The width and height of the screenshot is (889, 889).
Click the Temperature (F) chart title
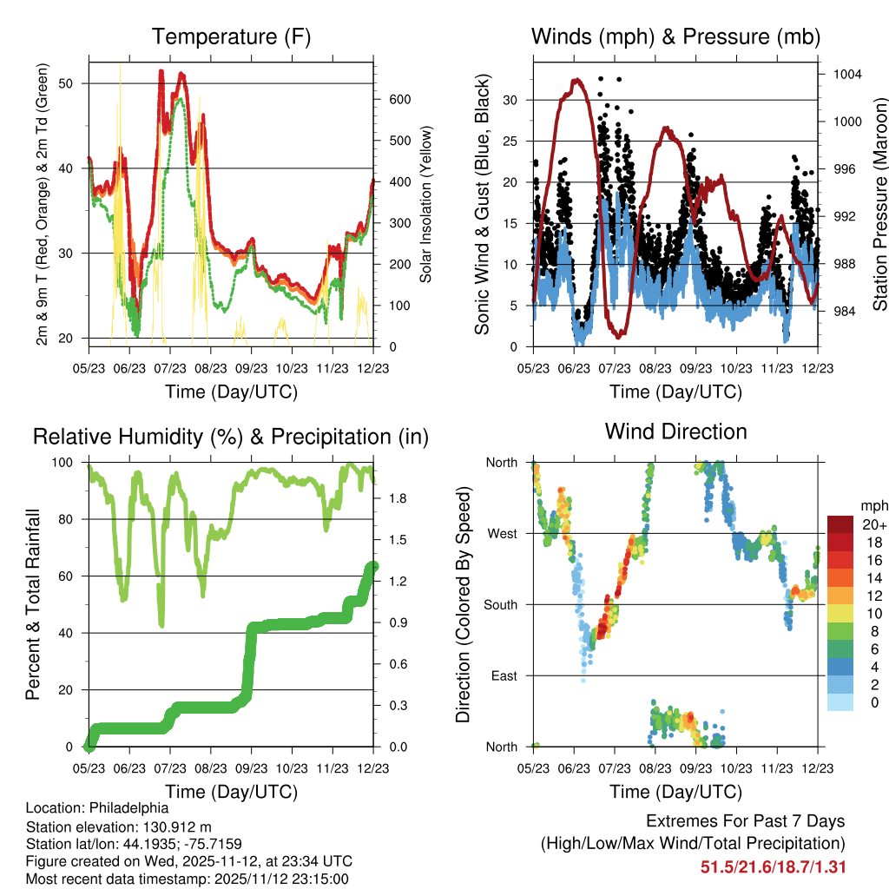tap(230, 37)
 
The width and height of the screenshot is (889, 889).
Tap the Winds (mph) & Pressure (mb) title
tap(675, 37)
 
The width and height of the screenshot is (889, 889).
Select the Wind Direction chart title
tap(675, 431)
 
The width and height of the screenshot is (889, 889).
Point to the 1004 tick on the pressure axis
tap(846, 74)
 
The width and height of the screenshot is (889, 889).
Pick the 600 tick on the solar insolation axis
tap(399, 99)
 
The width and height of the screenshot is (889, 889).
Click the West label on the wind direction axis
tap(502, 533)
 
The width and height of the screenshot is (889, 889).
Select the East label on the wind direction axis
tap(503, 675)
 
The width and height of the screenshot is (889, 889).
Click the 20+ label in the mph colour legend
tap(872, 524)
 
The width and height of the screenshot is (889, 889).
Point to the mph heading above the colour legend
tap(872, 506)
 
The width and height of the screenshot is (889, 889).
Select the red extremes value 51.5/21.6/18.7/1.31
tap(773, 866)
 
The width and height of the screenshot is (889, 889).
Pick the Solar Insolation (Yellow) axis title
tap(426, 205)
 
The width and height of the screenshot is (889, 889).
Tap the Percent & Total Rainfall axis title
tap(34, 604)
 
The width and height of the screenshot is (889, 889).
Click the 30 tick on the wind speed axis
tap(512, 100)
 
